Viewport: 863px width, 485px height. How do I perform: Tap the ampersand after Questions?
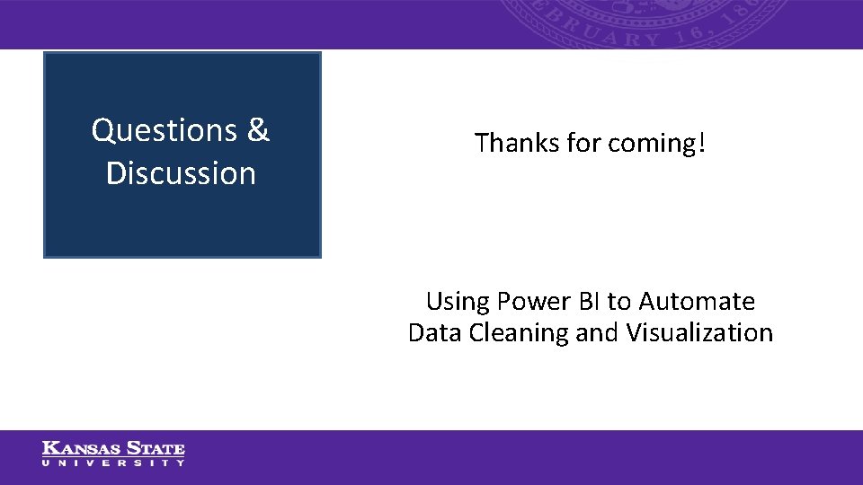(257, 131)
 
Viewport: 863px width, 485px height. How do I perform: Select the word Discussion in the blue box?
(181, 173)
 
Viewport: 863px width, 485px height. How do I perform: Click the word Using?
(457, 301)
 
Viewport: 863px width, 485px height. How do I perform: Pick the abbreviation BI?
(592, 301)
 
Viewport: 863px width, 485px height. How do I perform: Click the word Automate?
(697, 301)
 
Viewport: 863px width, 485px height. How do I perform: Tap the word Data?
(431, 333)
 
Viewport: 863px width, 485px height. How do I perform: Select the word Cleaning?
(515, 333)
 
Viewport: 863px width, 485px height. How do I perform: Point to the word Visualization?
(699, 333)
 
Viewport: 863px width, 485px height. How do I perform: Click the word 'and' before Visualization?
(597, 333)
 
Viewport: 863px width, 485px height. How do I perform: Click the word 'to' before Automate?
(619, 301)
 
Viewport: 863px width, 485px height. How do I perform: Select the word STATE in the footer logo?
(155, 448)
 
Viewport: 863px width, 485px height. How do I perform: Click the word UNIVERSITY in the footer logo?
(113, 463)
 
